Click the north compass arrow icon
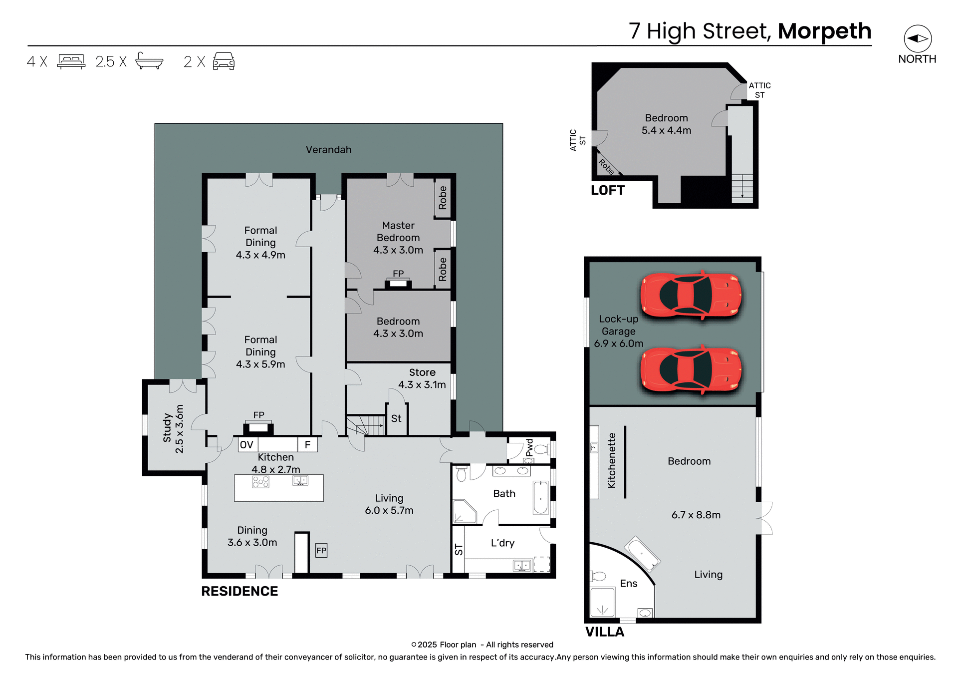pos(918,38)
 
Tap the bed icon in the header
pos(71,61)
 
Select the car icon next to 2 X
pos(224,61)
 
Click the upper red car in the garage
pos(691,295)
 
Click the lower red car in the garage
pos(691,370)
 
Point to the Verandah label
pos(328,150)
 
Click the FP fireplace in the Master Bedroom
pos(398,283)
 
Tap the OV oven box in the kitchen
pos(247,444)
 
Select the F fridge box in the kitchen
pos(308,444)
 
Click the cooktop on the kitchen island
pos(260,482)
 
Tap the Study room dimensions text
pos(179,429)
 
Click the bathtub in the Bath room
pos(540,497)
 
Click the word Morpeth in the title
pos(824,31)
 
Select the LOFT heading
pos(607,190)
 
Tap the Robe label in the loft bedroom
pos(606,166)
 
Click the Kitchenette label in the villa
pos(611,460)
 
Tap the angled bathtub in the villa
pos(643,553)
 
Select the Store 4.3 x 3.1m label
pos(422,378)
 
